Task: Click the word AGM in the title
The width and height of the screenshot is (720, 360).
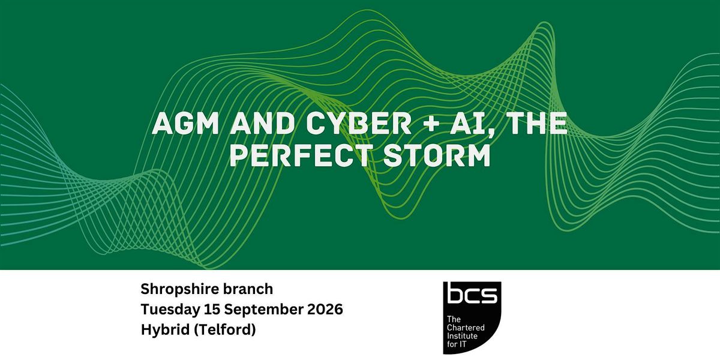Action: coord(185,123)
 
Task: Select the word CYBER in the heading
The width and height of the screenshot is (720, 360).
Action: coord(359,123)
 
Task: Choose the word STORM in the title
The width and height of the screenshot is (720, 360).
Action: coord(437,155)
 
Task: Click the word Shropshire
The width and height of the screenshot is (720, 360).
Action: coord(179,290)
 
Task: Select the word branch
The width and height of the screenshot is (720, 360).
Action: coord(248,289)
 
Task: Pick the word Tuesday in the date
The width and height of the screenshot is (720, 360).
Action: coord(170,310)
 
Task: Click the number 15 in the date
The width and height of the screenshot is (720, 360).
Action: coord(211,310)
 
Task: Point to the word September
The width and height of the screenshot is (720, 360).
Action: coord(263,310)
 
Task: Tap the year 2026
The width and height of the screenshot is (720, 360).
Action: coord(325,310)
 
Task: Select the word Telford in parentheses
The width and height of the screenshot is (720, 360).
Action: coord(225,330)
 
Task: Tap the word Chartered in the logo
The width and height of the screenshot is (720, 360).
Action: coord(466,328)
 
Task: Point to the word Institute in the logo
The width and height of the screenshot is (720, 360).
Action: coord(462,336)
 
